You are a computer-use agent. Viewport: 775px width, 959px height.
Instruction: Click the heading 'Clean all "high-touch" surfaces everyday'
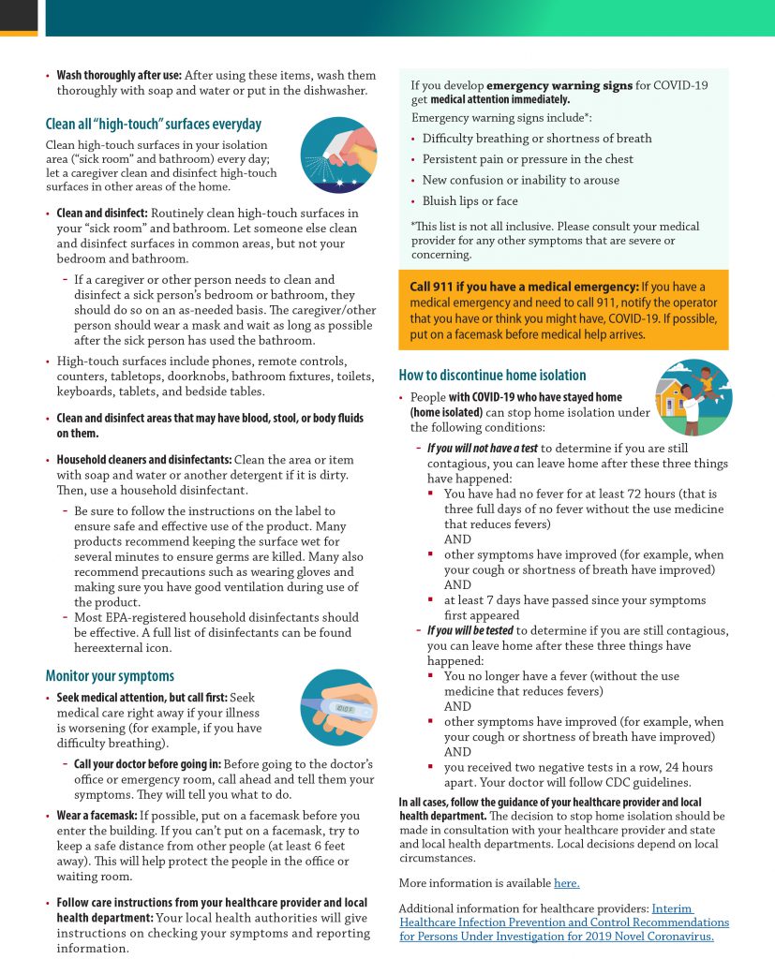point(154,125)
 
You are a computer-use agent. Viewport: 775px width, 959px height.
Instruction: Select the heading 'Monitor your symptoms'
point(110,675)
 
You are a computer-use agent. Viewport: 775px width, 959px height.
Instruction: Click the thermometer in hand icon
point(338,708)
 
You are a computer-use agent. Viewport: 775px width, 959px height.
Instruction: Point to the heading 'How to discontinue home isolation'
point(492,375)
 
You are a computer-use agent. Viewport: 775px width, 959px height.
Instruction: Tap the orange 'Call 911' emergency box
point(563,310)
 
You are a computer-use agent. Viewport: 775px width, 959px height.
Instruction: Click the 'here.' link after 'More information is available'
point(566,882)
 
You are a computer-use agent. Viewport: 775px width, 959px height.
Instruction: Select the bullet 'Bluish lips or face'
point(469,201)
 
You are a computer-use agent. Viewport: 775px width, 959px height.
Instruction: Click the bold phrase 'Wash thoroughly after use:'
point(119,75)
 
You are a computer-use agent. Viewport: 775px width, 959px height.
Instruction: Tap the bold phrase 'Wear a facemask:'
point(97,816)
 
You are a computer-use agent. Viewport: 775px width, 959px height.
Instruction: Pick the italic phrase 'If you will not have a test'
point(483,448)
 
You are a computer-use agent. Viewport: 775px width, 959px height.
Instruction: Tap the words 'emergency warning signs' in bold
point(559,85)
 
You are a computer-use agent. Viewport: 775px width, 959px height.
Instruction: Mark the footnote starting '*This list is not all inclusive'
point(555,241)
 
